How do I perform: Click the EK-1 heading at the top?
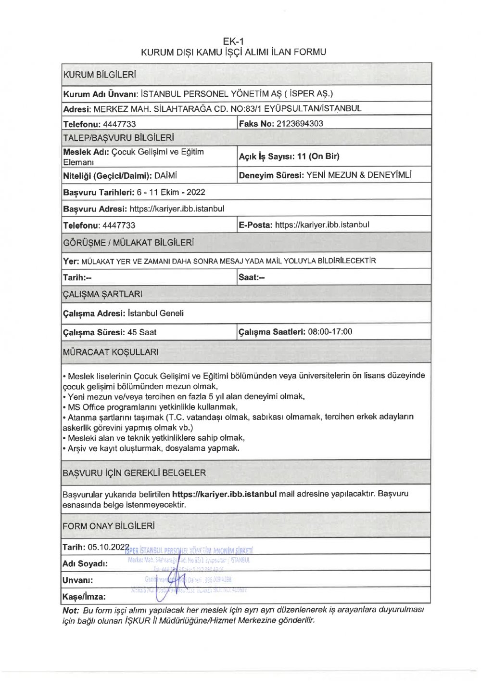point(233,41)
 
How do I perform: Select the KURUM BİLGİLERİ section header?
point(100,75)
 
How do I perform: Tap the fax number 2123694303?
point(300,124)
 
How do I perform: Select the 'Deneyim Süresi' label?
point(271,175)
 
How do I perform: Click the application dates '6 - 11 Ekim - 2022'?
point(171,192)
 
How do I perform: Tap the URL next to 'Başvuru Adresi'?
point(177,209)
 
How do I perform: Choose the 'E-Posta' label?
point(255,225)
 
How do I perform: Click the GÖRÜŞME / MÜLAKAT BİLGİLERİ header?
point(128,243)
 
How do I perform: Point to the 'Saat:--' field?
point(252,277)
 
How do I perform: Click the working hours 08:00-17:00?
point(330,332)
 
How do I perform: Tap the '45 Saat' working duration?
point(142,332)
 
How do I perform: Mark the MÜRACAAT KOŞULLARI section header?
point(111,352)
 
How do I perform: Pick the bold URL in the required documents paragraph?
point(224,494)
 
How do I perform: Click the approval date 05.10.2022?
point(109,547)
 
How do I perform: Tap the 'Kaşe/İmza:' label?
point(84,597)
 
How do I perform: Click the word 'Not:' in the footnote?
point(71,610)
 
